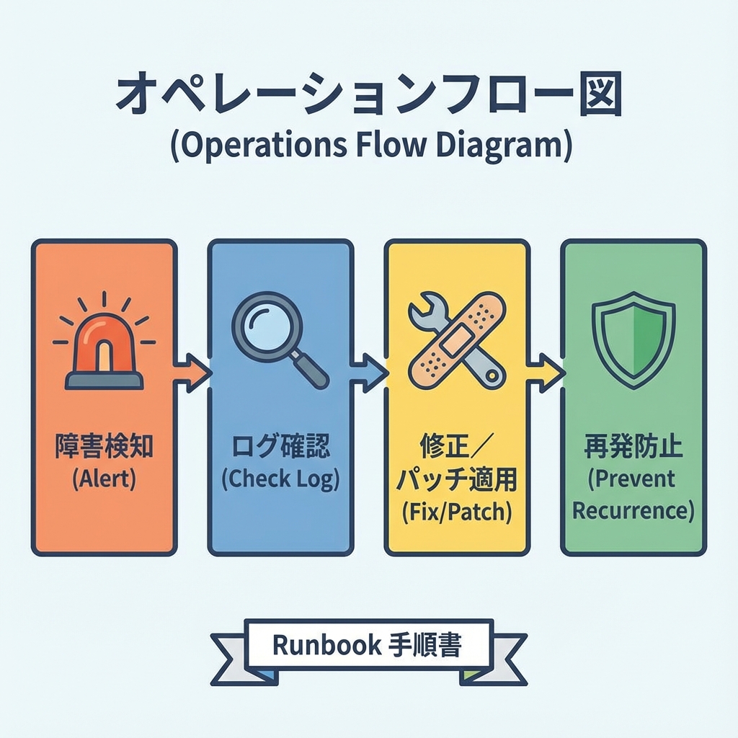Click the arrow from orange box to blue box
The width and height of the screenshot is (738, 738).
pyautogui.click(x=192, y=373)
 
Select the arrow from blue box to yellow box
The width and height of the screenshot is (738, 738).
pyautogui.click(x=369, y=373)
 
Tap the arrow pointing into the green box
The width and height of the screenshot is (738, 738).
pyautogui.click(x=546, y=373)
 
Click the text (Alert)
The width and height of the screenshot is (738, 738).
pyautogui.click(x=104, y=480)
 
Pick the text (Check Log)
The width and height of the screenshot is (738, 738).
pyautogui.click(x=280, y=480)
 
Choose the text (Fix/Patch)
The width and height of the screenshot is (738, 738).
pyautogui.click(x=456, y=512)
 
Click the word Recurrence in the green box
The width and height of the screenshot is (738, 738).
pyautogui.click(x=633, y=511)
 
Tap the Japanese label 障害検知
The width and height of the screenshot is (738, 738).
pyautogui.click(x=104, y=448)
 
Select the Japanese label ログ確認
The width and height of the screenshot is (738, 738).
pyautogui.click(x=280, y=448)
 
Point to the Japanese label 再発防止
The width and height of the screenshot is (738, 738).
pyautogui.click(x=633, y=448)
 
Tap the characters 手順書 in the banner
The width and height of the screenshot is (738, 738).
pyautogui.click(x=425, y=645)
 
